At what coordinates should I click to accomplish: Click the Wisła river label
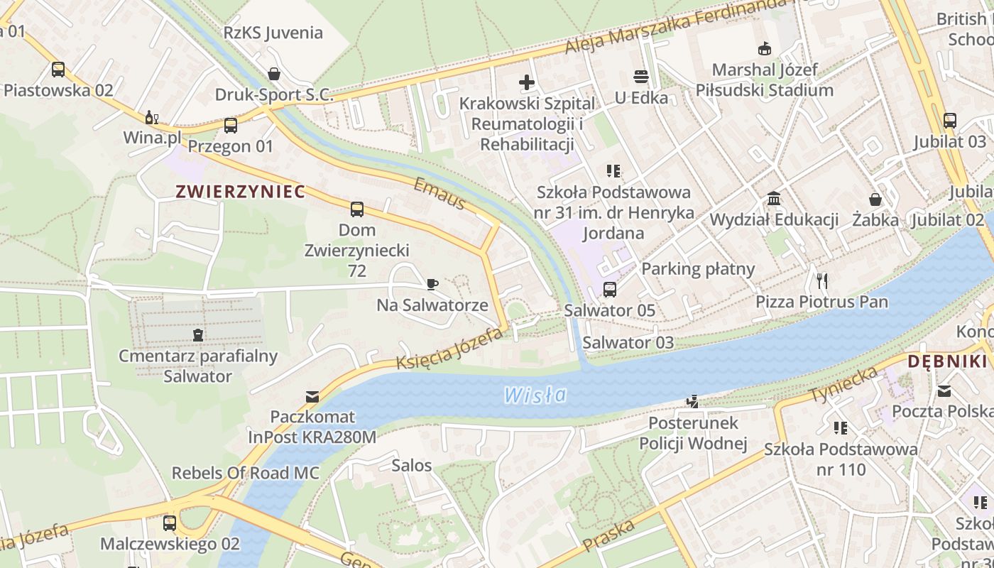click(535, 395)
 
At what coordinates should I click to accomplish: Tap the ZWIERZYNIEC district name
click(240, 192)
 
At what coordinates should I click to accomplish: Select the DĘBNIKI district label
click(947, 361)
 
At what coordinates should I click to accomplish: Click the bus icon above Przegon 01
click(231, 126)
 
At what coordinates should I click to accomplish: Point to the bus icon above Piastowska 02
click(58, 70)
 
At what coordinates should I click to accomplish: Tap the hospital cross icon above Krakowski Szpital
click(527, 82)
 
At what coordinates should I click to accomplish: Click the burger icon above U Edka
click(641, 77)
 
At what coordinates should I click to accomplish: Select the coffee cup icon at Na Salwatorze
click(432, 285)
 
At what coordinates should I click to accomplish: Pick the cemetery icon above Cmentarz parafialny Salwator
click(198, 334)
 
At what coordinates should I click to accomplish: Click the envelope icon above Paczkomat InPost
click(312, 396)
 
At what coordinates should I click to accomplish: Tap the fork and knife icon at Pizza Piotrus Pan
click(822, 281)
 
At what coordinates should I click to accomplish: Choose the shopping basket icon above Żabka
click(875, 200)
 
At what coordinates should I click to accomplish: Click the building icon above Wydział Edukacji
click(774, 199)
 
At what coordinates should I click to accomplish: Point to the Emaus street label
click(439, 194)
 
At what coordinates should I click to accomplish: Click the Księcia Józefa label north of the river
click(449, 349)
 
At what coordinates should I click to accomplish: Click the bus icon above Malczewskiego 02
click(170, 523)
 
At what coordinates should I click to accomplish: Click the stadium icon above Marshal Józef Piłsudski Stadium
click(765, 49)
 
